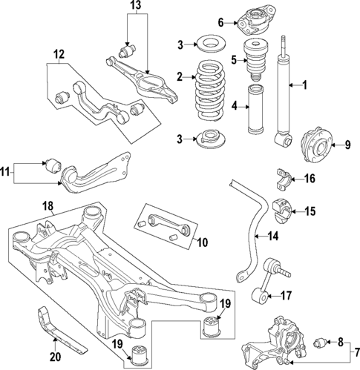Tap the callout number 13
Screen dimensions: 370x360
pyautogui.click(x=134, y=7)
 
